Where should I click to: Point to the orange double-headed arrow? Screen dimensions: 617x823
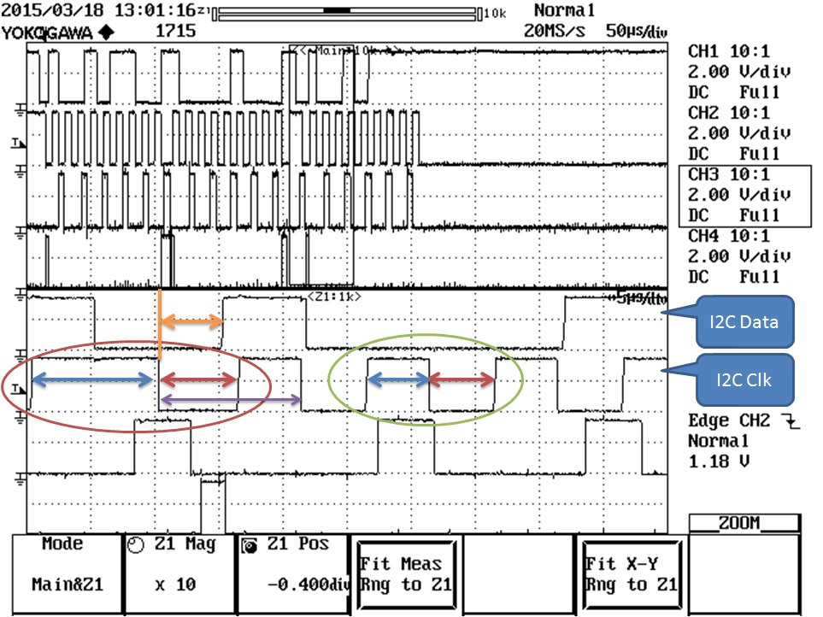(192, 321)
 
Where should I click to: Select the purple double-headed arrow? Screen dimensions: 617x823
(231, 399)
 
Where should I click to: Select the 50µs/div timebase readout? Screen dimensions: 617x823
(635, 32)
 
